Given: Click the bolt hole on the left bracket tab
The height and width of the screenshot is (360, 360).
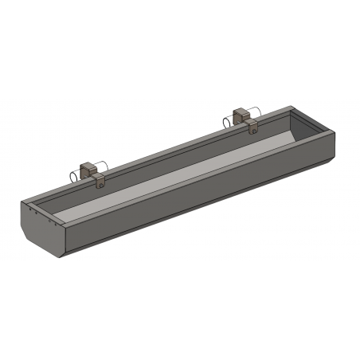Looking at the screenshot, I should [x=99, y=182].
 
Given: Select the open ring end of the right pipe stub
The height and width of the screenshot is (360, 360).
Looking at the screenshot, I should [x=228, y=120].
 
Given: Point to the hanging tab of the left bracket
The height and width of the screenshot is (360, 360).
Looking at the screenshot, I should [x=99, y=182].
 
